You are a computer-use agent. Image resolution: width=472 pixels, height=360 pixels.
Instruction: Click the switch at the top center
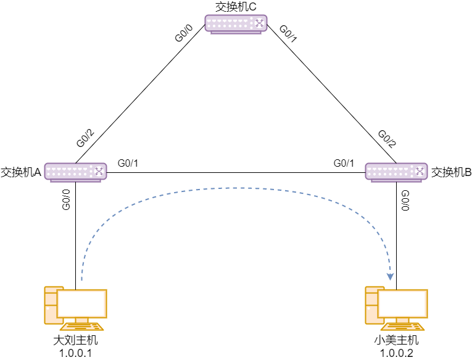236,23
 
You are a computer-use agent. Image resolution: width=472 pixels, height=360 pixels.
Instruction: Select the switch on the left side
75,171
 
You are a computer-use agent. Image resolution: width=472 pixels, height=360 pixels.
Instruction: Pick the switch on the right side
396,171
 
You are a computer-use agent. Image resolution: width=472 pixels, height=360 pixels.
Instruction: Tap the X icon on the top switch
259,23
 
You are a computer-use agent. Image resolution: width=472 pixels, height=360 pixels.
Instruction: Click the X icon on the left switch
99,171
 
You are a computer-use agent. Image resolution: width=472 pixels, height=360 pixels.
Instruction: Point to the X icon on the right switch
420,171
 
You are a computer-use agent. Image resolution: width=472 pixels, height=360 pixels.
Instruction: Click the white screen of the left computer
82,304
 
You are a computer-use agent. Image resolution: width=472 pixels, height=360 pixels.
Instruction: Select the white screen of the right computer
403,304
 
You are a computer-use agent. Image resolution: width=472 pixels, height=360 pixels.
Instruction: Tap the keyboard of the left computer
81,327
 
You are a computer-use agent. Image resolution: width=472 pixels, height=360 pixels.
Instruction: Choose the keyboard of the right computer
402,327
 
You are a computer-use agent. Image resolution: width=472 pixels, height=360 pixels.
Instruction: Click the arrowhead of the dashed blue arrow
390,277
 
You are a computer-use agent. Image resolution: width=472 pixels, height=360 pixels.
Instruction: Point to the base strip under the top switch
236,33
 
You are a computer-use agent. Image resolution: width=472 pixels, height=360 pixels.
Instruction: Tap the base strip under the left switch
75,181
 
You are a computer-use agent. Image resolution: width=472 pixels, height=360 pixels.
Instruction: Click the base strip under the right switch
396,181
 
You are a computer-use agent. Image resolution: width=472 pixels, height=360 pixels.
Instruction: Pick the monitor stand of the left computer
81,320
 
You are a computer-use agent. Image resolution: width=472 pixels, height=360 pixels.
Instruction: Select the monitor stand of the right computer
402,320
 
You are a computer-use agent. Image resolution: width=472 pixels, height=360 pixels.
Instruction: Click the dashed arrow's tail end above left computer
82,280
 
